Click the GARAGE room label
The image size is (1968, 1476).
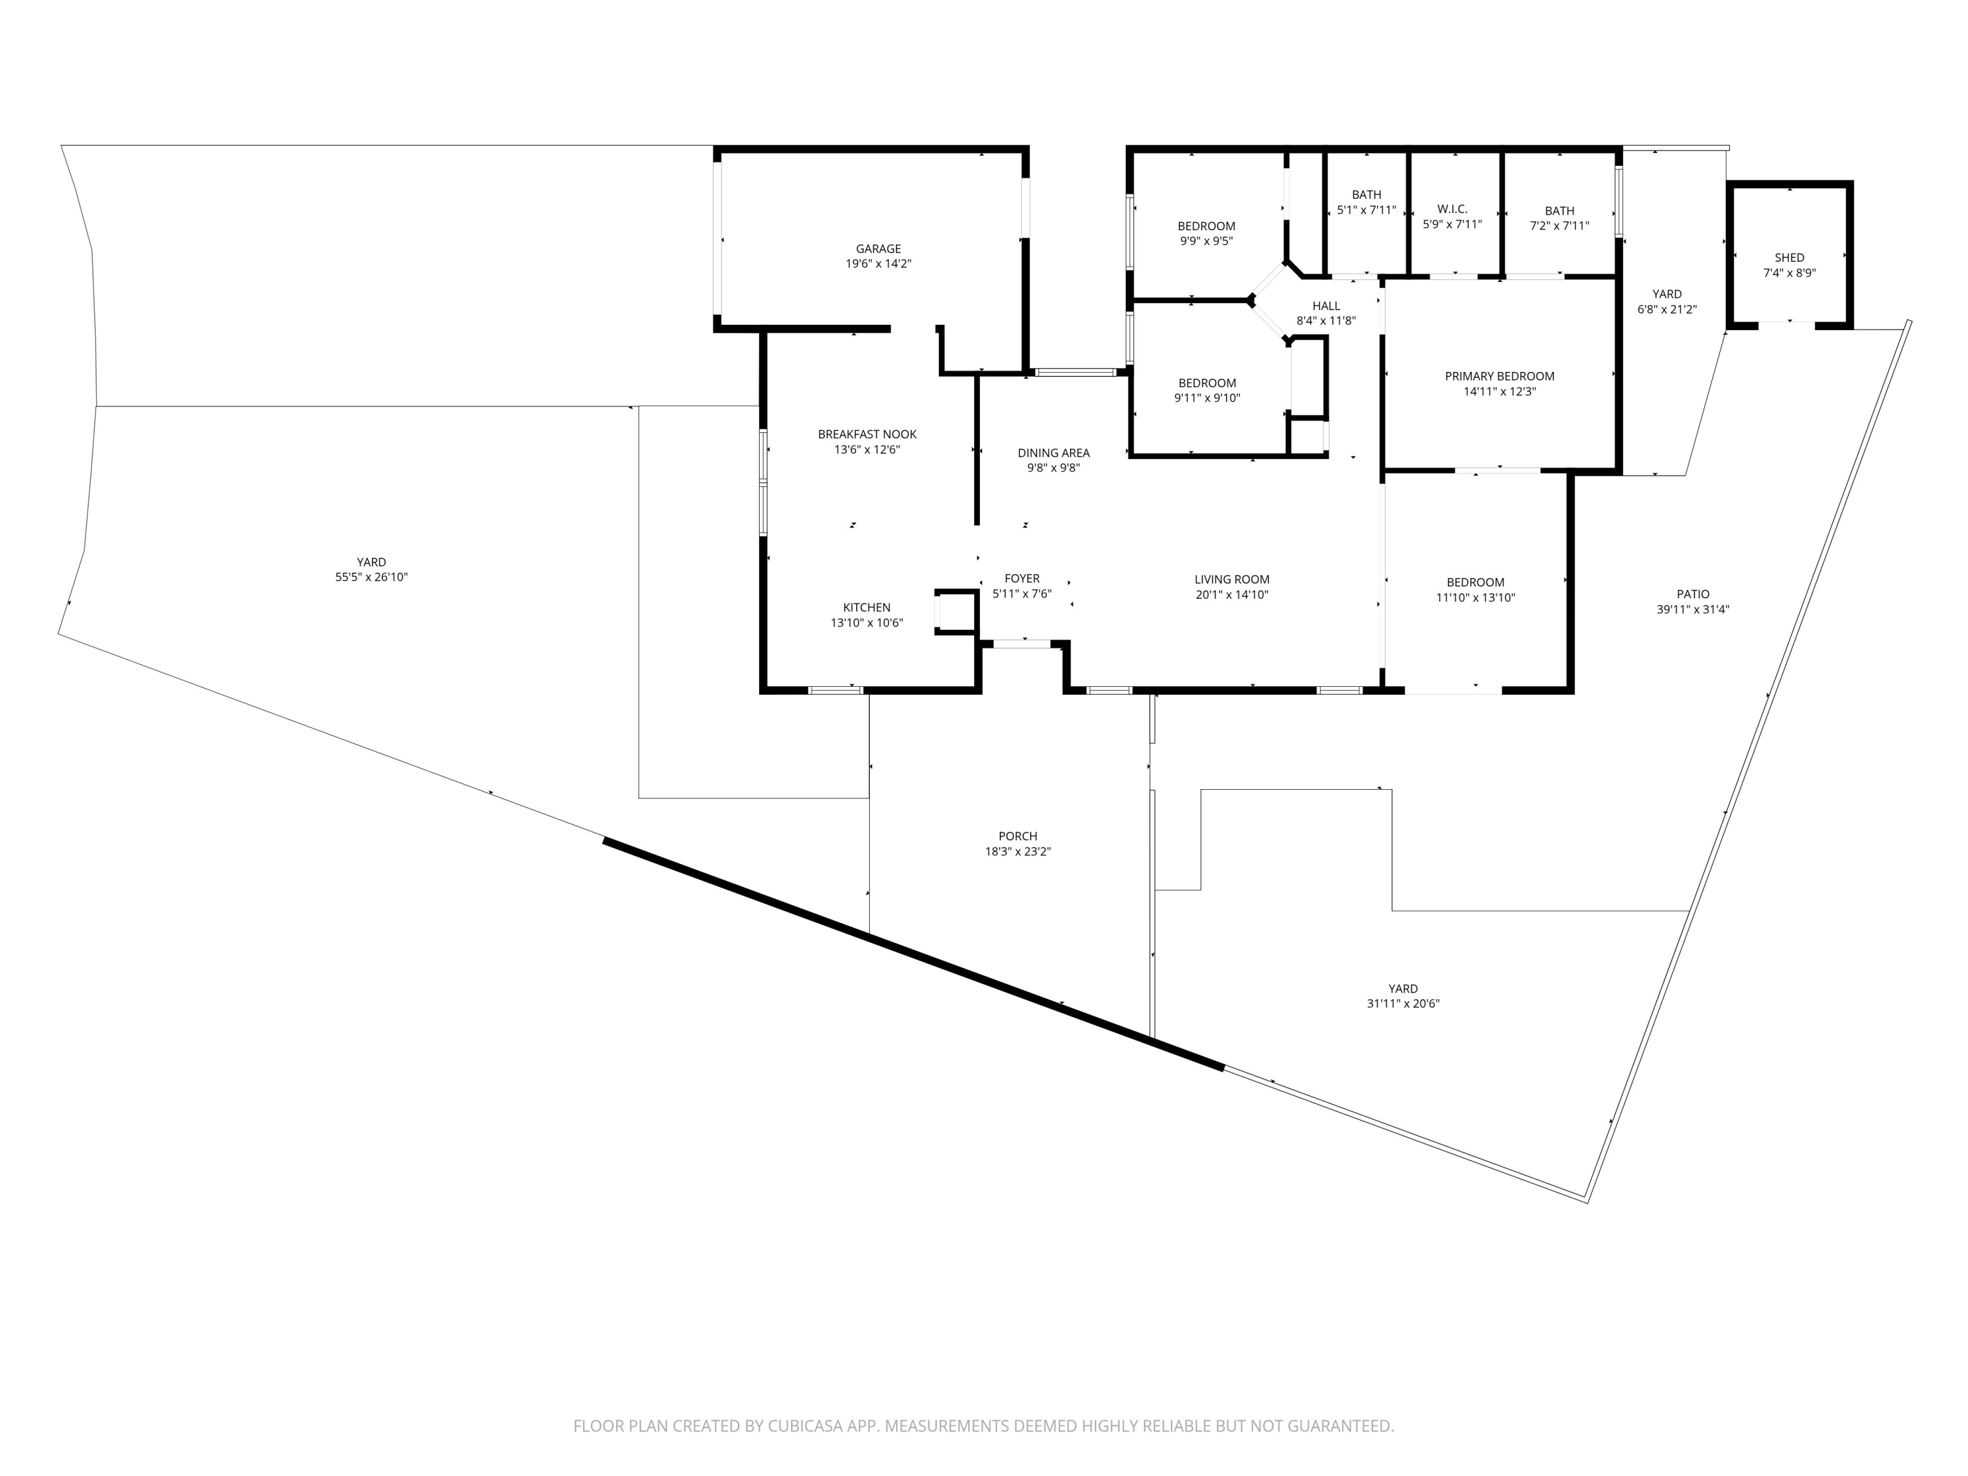tap(878, 249)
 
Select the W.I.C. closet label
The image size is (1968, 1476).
tap(1452, 209)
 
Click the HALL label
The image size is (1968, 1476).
tap(1326, 306)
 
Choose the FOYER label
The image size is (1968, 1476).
tap(1021, 579)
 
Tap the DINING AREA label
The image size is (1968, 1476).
tap(1054, 453)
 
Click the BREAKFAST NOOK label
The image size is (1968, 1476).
tap(867, 434)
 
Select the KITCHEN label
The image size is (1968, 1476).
tap(867, 607)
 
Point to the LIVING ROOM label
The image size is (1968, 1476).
tap(1231, 579)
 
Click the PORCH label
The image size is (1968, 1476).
tap(1018, 836)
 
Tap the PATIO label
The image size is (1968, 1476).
tap(1692, 594)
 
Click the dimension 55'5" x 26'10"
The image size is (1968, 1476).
tap(371, 577)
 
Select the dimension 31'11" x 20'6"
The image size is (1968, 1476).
tap(1403, 1004)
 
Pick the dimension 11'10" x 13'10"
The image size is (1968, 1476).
tap(1475, 598)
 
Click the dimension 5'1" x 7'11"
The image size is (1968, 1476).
tap(1366, 210)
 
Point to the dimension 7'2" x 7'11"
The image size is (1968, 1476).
tap(1559, 226)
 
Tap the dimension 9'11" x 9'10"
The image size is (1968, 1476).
tap(1206, 398)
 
